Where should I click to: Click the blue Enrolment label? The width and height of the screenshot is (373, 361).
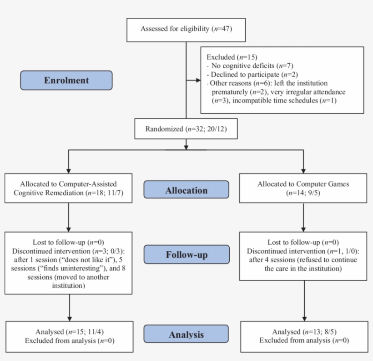pyautogui.click(x=66, y=81)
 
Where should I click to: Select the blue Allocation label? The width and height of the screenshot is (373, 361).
pyautogui.click(x=186, y=190)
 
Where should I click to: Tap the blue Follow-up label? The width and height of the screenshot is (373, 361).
pyautogui.click(x=186, y=254)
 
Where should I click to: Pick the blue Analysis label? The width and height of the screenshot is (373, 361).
pyautogui.click(x=186, y=335)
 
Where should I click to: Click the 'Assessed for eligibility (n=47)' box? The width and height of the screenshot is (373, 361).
pyautogui.click(x=186, y=29)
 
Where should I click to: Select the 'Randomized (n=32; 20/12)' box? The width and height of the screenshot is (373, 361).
pyautogui.click(x=186, y=129)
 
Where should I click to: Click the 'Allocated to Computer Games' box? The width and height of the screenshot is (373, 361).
pyautogui.click(x=304, y=188)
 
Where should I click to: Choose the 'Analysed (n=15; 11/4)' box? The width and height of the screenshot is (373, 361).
pyautogui.click(x=68, y=336)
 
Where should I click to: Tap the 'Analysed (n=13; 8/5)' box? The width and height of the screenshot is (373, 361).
pyautogui.click(x=304, y=336)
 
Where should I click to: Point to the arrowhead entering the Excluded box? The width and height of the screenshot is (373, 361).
pyautogui.click(x=198, y=81)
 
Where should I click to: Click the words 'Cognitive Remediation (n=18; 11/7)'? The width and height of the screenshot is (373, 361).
pyautogui.click(x=68, y=193)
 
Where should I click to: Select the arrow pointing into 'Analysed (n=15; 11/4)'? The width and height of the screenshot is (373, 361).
pyautogui.click(x=68, y=317)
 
